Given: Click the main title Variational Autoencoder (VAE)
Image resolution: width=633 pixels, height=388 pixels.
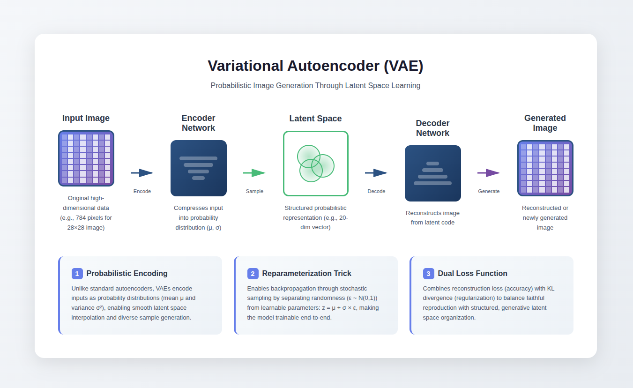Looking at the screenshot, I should [315, 66].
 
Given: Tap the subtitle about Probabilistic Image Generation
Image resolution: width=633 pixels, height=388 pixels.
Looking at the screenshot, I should [315, 86].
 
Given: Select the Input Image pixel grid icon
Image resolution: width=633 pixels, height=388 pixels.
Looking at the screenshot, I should [86, 158].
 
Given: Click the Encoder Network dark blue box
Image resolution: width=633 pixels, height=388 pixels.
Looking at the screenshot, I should [199, 168].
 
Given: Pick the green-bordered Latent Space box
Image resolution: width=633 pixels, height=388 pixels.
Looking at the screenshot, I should [316, 164].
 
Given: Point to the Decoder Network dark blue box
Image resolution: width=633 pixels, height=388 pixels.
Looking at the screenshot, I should [433, 173].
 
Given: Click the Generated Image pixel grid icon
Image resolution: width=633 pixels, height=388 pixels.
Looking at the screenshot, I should [545, 168].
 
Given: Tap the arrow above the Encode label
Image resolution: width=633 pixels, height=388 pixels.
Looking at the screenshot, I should [142, 173].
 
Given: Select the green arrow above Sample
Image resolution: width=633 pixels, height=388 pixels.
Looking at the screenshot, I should [254, 173].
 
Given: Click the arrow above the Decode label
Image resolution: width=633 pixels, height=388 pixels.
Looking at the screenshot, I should [376, 173].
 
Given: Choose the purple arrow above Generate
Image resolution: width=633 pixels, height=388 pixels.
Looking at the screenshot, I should [489, 173].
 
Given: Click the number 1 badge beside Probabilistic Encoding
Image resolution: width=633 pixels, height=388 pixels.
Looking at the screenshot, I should [77, 274].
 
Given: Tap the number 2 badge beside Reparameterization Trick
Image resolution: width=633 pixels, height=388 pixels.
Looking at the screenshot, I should [253, 274].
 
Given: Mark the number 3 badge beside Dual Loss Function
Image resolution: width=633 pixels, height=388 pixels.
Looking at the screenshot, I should [429, 274].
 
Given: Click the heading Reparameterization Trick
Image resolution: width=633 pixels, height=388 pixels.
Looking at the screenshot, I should [307, 274].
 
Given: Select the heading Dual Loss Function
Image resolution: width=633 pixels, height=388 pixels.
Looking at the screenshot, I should [472, 274].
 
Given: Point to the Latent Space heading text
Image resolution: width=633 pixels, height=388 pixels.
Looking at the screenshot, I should [315, 119].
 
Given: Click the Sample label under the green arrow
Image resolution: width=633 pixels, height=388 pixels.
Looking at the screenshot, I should [254, 191].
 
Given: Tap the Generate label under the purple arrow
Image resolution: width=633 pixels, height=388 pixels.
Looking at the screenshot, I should [489, 191].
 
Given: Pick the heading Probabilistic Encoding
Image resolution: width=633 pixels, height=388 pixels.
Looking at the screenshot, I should [127, 274].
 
